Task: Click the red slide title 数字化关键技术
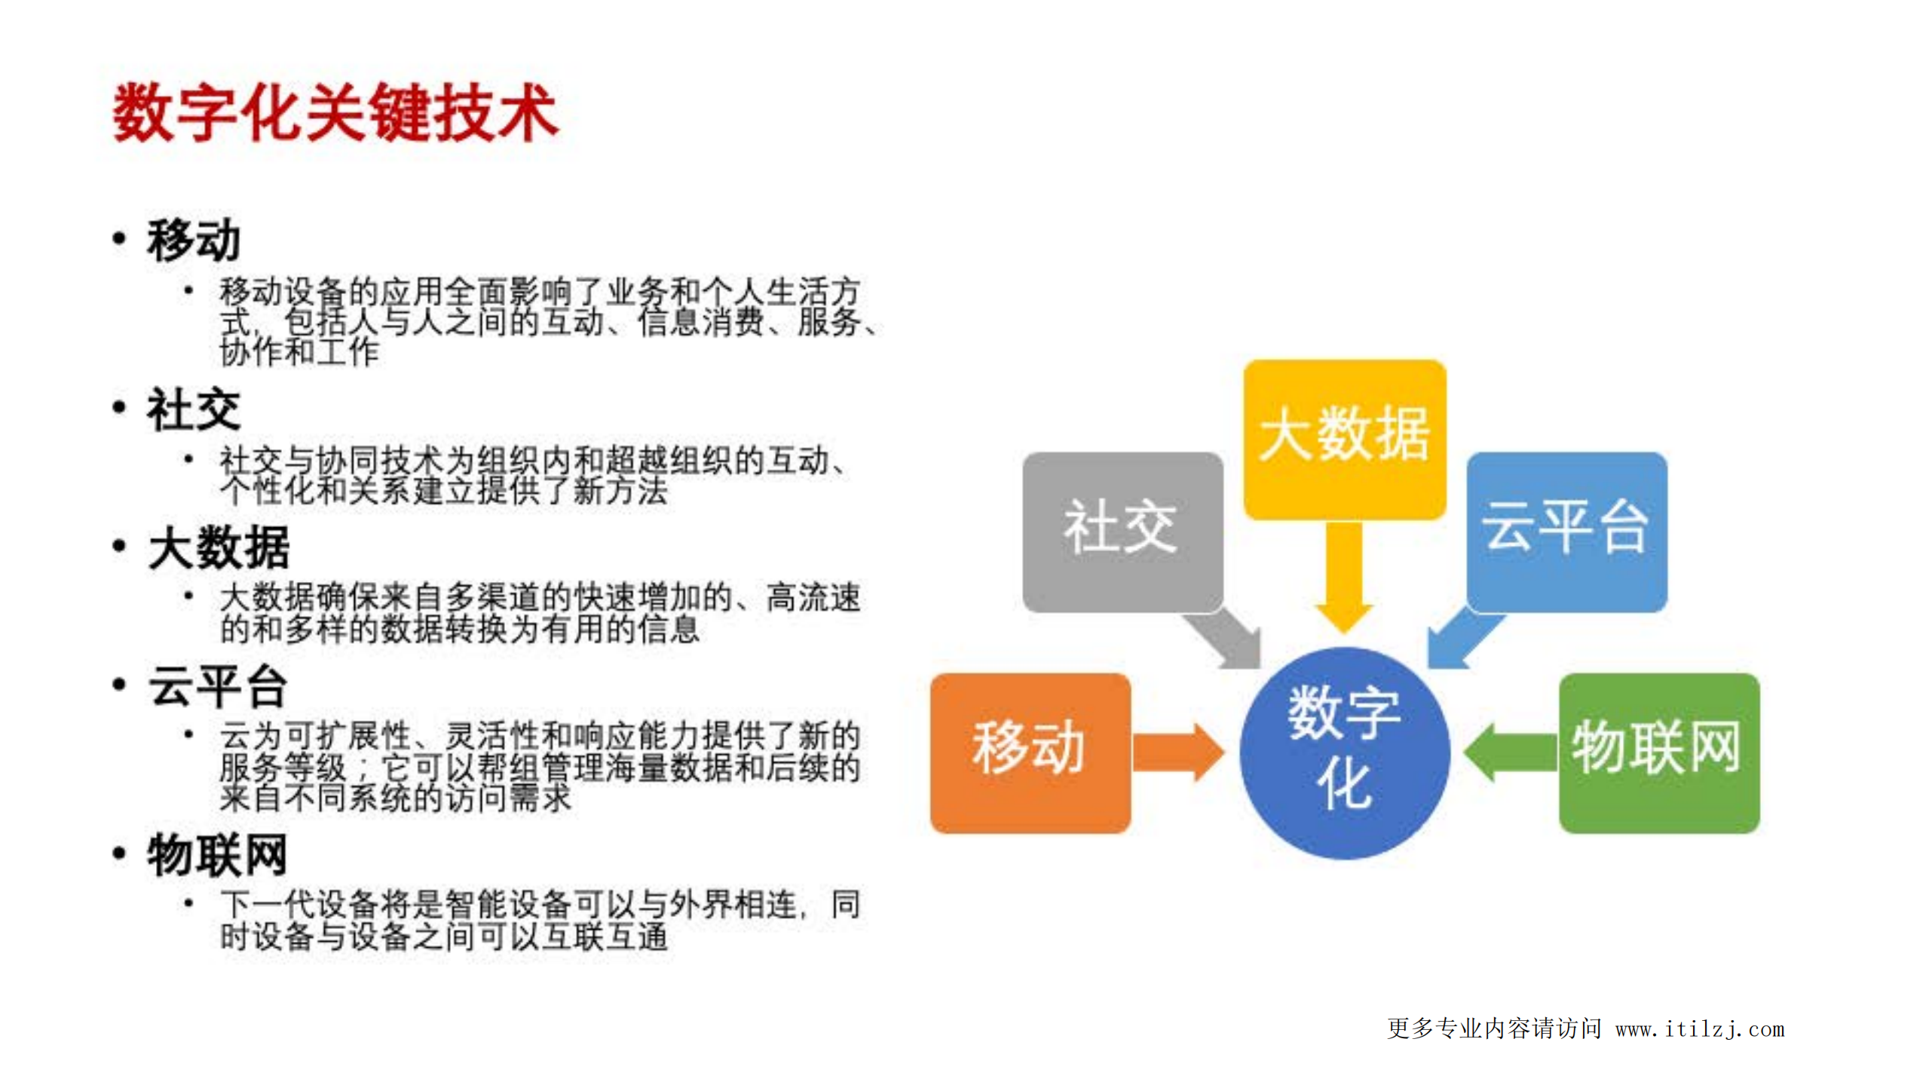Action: pyautogui.click(x=335, y=113)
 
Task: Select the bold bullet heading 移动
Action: pyautogui.click(x=194, y=241)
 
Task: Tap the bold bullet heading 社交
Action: pyautogui.click(x=194, y=410)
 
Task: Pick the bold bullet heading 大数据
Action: pyautogui.click(x=219, y=547)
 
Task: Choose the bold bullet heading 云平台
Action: pyautogui.click(x=217, y=686)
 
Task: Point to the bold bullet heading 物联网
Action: pyautogui.click(x=217, y=855)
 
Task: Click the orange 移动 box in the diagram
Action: pyautogui.click(x=1030, y=752)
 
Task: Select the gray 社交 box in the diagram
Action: pyautogui.click(x=1122, y=531)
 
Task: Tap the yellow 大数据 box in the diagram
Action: pyautogui.click(x=1344, y=438)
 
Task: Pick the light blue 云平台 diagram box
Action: pyautogui.click(x=1566, y=531)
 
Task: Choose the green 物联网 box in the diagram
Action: pyautogui.click(x=1658, y=752)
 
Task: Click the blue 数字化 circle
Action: pyautogui.click(x=1344, y=752)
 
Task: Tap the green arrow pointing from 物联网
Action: pyautogui.click(x=1510, y=752)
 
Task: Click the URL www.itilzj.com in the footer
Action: pyautogui.click(x=1699, y=1028)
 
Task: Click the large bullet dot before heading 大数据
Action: pyautogui.click(x=119, y=546)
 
